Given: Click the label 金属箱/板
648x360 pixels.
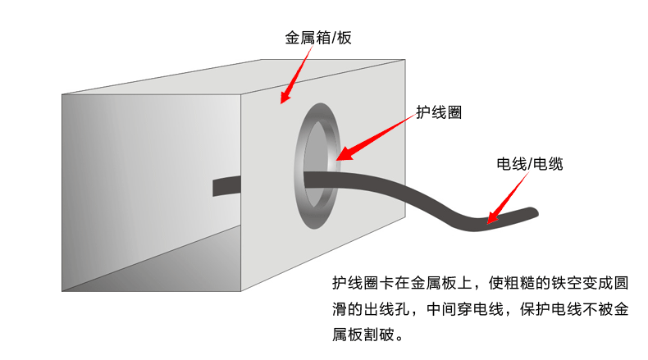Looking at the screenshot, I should click(x=317, y=38).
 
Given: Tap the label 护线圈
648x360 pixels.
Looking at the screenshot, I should click(x=439, y=112).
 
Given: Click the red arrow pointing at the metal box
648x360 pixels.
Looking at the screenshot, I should click(x=295, y=75).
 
